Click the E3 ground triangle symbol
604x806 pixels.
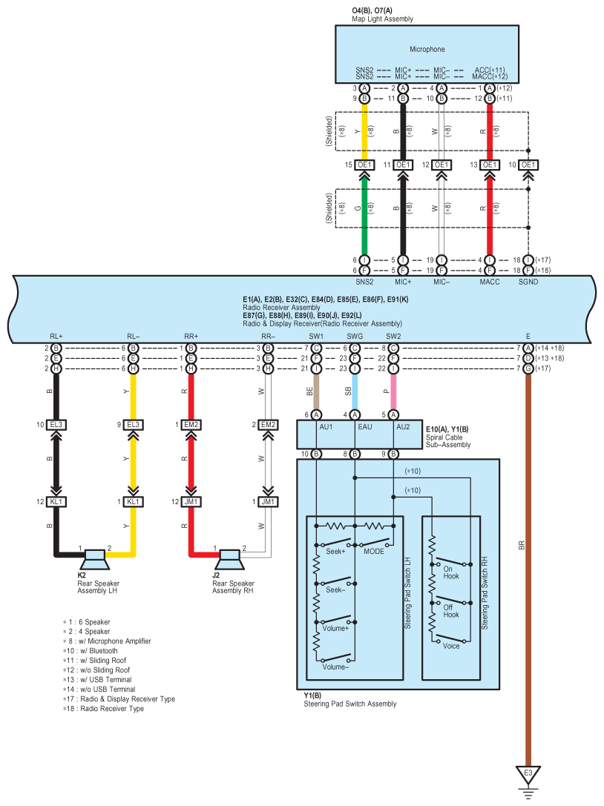[528, 774]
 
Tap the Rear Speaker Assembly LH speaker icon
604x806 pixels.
[95, 559]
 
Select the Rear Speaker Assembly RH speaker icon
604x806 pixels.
[229, 559]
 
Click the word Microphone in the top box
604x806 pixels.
[427, 50]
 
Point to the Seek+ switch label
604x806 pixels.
[335, 552]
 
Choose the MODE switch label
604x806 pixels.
[374, 552]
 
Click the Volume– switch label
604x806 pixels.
[335, 667]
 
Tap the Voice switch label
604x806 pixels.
[451, 646]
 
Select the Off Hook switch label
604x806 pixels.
[451, 611]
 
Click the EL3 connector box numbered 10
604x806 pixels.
[56, 425]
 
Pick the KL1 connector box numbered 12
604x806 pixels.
[56, 502]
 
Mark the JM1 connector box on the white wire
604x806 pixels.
[268, 502]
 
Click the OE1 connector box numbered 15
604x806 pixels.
[364, 165]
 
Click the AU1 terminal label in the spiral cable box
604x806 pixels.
[326, 427]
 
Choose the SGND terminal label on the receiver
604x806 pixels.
[528, 282]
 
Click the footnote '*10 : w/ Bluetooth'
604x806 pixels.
[91, 651]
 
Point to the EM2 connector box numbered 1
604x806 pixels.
[191, 425]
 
